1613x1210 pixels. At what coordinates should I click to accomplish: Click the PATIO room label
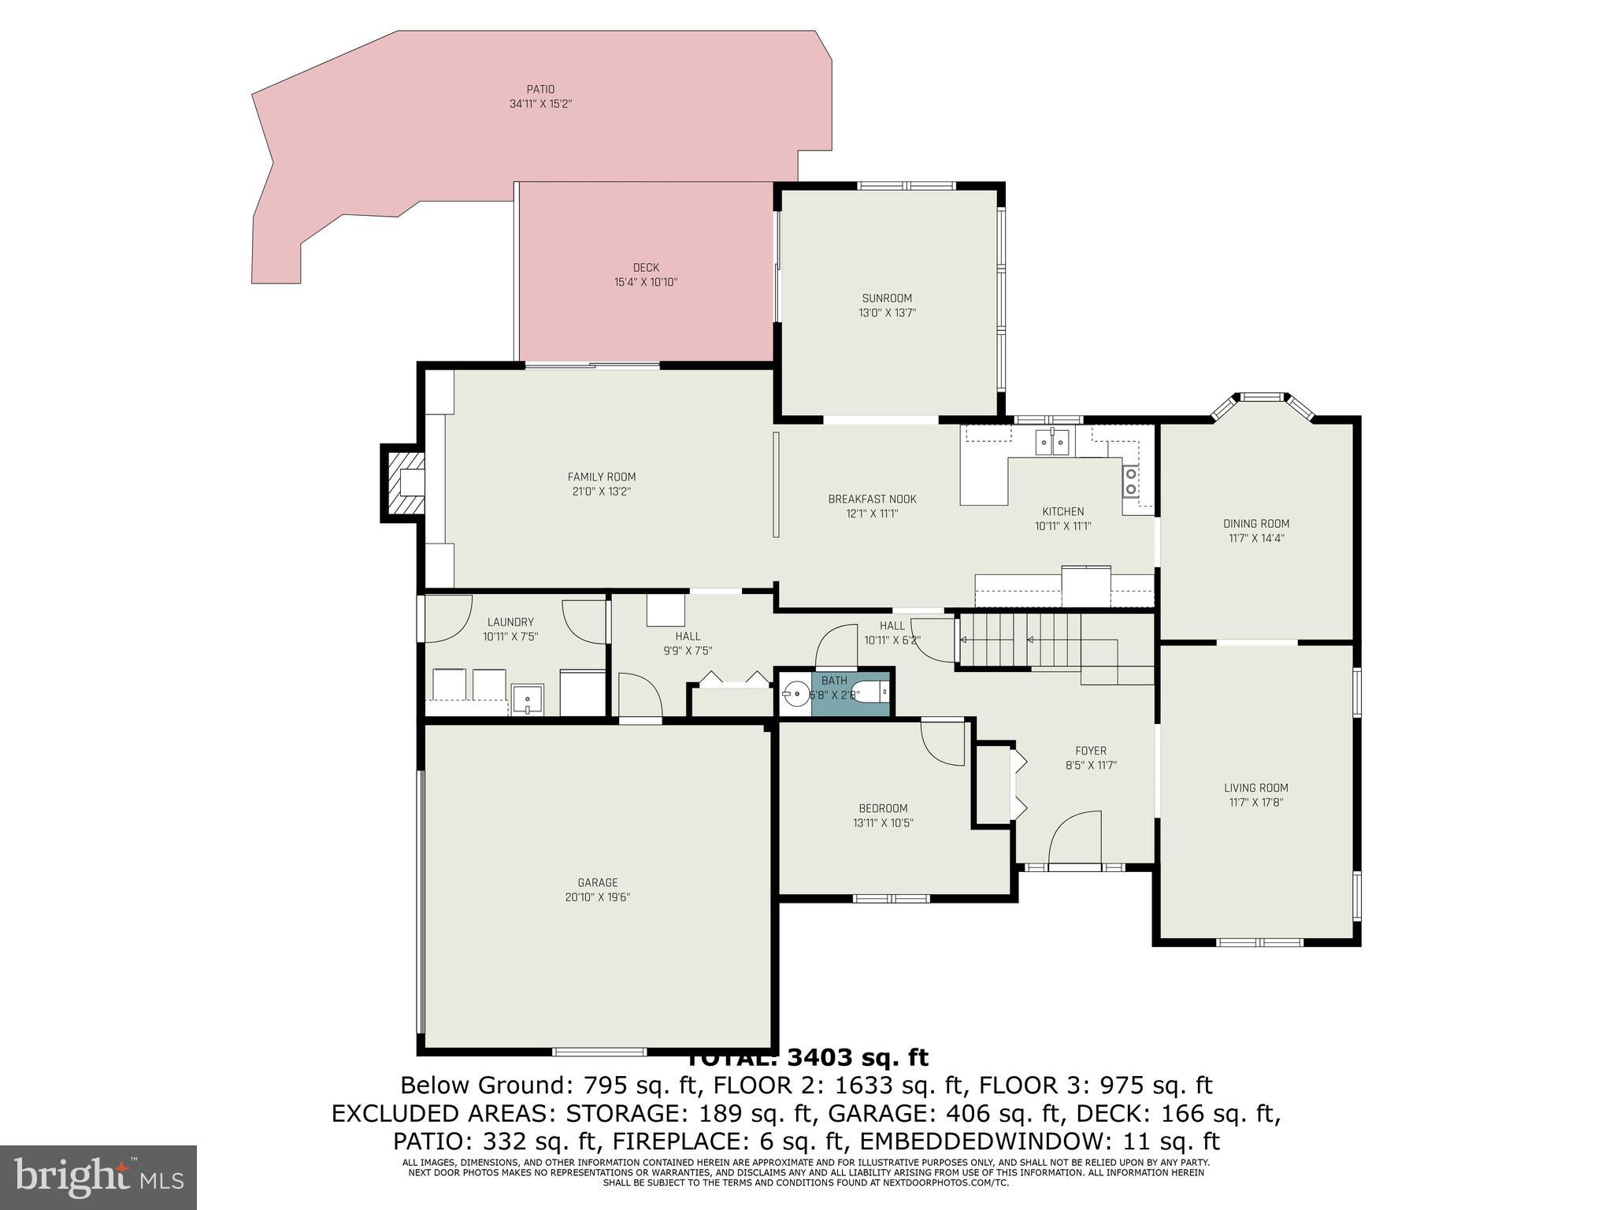[x=540, y=89]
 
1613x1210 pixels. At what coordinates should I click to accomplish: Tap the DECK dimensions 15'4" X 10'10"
[x=646, y=282]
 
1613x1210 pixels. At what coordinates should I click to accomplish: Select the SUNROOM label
[x=887, y=298]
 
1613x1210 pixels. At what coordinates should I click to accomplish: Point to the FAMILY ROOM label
[x=602, y=477]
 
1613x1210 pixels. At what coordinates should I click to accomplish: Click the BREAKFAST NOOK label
[x=872, y=499]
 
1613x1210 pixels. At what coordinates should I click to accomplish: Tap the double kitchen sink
[x=1053, y=444]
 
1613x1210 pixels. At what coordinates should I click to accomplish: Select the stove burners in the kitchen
[x=1130, y=481]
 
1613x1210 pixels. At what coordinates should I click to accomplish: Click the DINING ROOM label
[x=1256, y=524]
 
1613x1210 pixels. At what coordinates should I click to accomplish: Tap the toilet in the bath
[x=874, y=693]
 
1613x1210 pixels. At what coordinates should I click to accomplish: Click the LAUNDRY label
[x=510, y=622]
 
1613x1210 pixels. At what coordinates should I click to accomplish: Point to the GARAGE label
[x=598, y=882]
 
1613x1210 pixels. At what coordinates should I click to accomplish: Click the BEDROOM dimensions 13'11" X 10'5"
[x=883, y=822]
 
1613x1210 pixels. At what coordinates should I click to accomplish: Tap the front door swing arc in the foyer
[x=1075, y=839]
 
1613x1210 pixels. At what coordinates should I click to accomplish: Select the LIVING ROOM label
[x=1256, y=788]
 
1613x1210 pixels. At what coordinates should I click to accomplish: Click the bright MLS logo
[x=98, y=1176]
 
